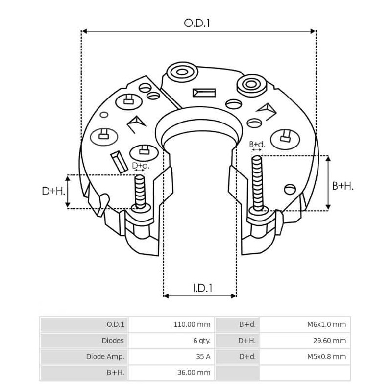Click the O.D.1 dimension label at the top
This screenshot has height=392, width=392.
click(197, 23)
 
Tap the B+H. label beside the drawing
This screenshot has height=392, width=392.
click(343, 186)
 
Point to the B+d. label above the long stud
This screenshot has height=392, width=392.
click(257, 145)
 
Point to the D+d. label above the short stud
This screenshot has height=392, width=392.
click(141, 166)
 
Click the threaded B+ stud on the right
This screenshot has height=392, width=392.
click(257, 181)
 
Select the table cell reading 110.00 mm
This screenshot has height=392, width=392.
click(192, 324)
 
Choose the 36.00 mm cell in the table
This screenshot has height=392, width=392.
click(194, 373)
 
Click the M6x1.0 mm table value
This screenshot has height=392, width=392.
click(326, 324)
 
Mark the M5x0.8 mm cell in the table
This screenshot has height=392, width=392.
click(326, 357)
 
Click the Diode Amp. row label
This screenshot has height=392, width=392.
click(105, 357)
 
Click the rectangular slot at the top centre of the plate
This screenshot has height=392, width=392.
click(204, 92)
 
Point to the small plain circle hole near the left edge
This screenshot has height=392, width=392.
click(104, 115)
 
